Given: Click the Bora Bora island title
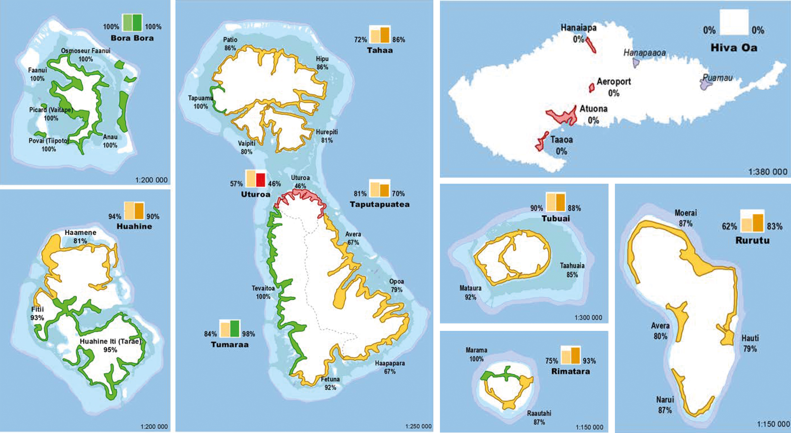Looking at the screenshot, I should (x=132, y=38).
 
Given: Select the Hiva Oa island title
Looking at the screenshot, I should (x=734, y=48).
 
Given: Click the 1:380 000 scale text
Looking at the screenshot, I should (x=768, y=172).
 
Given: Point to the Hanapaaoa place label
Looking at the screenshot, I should (x=644, y=53).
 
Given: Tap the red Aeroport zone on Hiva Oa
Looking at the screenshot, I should (x=591, y=88).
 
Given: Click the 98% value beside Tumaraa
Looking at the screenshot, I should (x=248, y=334).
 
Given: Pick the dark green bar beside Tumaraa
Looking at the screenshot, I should (x=235, y=329).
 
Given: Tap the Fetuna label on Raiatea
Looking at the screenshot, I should (x=330, y=379).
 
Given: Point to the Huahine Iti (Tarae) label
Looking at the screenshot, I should (x=110, y=341).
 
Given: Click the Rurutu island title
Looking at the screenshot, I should (x=753, y=240).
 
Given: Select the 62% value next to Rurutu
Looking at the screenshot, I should (x=729, y=227).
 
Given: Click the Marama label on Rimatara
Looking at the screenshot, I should (x=476, y=350).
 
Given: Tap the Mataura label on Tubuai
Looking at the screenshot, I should (x=470, y=288).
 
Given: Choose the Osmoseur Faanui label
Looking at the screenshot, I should (x=85, y=51).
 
